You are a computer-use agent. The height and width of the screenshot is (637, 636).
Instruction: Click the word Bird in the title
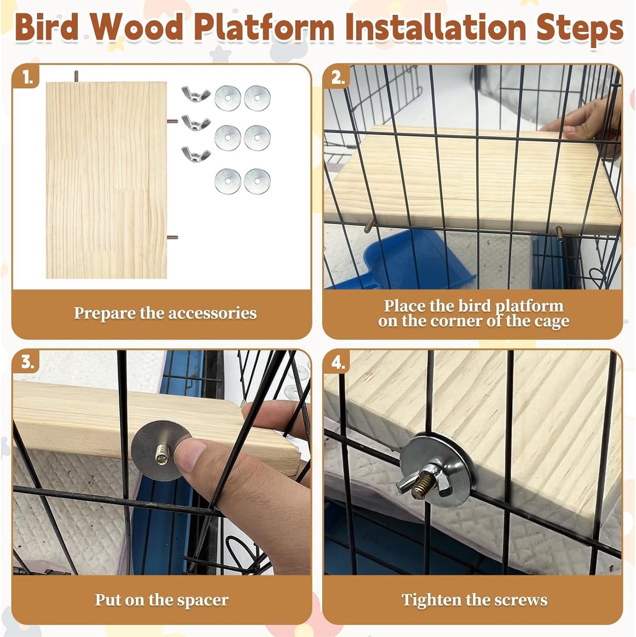coord(46,27)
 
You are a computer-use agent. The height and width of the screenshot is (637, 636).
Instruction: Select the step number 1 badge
coord(27,78)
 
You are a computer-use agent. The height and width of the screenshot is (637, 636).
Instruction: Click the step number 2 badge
coord(338,78)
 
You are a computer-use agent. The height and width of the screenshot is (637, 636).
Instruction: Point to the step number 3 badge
coord(27,362)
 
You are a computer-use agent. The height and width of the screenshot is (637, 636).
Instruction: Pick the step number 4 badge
coord(338,363)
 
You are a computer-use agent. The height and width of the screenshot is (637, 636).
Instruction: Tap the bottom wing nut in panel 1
coord(196,154)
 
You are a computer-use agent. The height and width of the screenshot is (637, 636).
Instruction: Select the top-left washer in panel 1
coord(228,98)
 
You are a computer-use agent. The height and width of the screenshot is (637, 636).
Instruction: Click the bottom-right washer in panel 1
coord(257,181)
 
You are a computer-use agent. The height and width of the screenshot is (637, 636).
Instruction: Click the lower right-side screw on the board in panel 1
coord(173,237)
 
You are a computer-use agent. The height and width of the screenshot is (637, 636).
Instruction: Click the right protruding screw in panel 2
coord(560,231)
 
